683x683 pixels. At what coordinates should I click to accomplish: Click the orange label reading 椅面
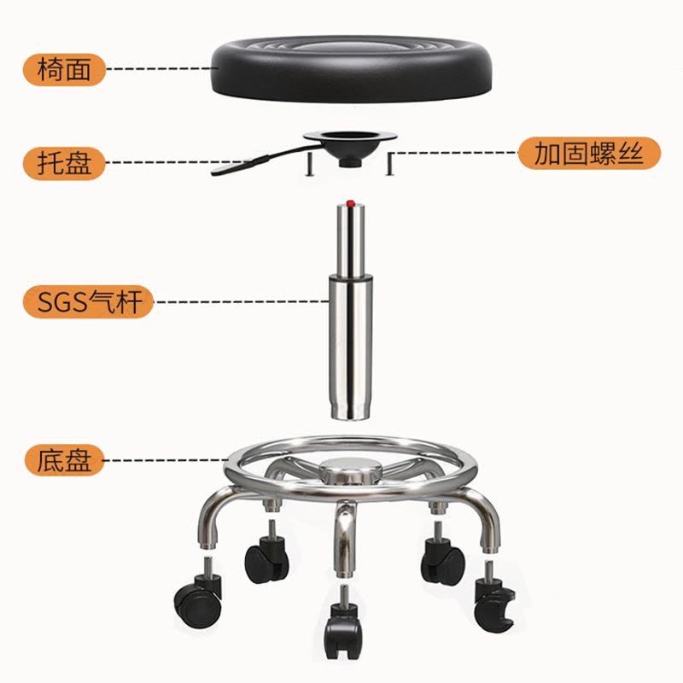point(65,70)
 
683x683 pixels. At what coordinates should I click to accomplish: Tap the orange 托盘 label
point(65,163)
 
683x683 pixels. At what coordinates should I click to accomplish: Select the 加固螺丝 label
point(589,154)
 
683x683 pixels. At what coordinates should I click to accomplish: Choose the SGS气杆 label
point(89,302)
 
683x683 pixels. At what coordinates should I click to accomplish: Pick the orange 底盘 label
point(65,460)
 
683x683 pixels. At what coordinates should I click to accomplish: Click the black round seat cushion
point(352,69)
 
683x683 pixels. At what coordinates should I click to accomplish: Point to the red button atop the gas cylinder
point(350,203)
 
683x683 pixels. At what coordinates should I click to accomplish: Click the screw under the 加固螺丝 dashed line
point(390,164)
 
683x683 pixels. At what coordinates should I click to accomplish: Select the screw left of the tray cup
point(309,164)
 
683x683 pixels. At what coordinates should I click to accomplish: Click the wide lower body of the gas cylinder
point(351,347)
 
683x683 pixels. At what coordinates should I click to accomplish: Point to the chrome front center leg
point(344,540)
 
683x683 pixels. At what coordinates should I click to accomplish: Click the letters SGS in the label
point(62,302)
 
